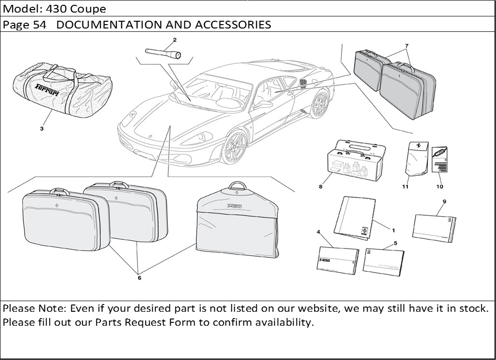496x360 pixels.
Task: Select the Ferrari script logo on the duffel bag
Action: point(48,89)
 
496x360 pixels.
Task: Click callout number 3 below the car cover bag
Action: point(41,129)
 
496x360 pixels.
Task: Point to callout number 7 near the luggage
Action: point(407,46)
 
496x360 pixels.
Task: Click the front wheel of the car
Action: point(235,147)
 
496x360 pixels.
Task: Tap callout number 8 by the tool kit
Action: point(320,187)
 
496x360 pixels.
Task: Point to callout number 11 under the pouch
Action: point(405,187)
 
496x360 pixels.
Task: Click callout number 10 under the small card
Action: point(440,187)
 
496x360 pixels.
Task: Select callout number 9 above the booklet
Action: point(444,201)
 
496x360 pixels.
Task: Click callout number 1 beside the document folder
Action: point(393,231)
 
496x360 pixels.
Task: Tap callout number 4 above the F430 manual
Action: point(318,232)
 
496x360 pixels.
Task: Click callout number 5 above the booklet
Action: point(395,243)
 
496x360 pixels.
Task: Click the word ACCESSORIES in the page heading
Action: point(233,25)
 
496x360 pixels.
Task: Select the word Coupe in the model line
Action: point(89,9)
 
